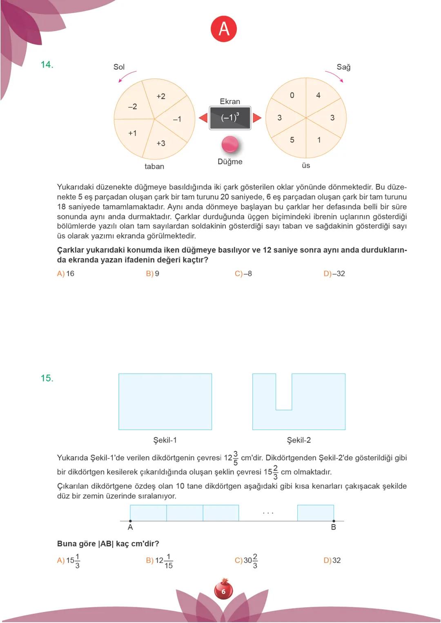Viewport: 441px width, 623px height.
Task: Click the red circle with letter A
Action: pyautogui.click(x=224, y=29)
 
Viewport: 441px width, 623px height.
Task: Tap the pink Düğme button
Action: pyautogui.click(x=230, y=144)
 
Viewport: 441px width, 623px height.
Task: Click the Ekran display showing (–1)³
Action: pyautogui.click(x=230, y=118)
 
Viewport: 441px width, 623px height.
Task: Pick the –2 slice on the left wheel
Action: pyautogui.click(x=132, y=106)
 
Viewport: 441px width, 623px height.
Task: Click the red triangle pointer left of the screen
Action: pyautogui.click(x=203, y=118)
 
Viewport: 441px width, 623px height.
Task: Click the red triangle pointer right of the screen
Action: pyautogui.click(x=257, y=118)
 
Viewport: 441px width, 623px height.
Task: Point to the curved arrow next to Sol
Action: pyautogui.click(x=127, y=76)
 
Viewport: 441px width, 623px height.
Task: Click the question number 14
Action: pyautogui.click(x=47, y=64)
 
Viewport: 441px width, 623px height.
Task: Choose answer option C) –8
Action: pyautogui.click(x=243, y=274)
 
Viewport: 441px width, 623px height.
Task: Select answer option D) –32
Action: pyautogui.click(x=334, y=274)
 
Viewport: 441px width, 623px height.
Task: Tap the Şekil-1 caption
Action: pyautogui.click(x=165, y=440)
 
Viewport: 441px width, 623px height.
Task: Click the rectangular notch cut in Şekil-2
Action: pyautogui.click(x=284, y=392)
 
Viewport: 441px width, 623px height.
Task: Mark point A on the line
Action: pyautogui.click(x=130, y=521)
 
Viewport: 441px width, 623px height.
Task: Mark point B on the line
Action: pyautogui.click(x=334, y=521)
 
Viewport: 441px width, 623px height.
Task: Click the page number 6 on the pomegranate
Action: pyautogui.click(x=223, y=591)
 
